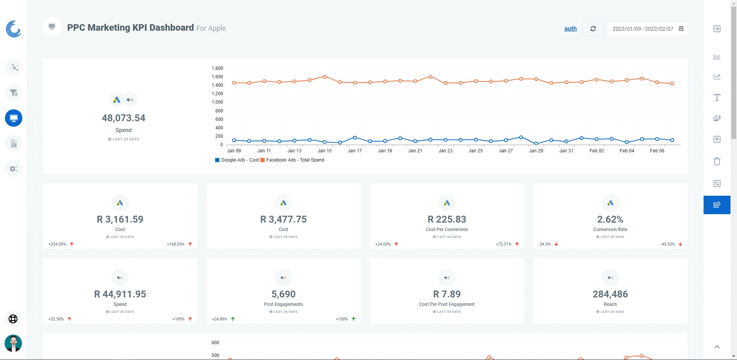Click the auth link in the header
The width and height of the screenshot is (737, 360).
[x=570, y=28]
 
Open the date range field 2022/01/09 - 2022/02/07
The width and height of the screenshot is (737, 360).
[x=647, y=29]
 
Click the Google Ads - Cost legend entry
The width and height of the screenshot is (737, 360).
[x=237, y=160]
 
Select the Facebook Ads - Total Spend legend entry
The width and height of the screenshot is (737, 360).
[x=292, y=160]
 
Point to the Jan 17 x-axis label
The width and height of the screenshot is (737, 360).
[x=355, y=151]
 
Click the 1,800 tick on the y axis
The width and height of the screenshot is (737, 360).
[x=217, y=68]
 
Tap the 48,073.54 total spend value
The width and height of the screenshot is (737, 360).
[x=124, y=118]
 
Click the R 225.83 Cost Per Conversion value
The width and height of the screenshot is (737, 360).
[x=447, y=219]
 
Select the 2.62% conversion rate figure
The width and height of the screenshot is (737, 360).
[x=610, y=219]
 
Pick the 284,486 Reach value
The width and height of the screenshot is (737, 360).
[x=610, y=294]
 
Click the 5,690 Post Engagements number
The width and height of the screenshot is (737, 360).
[x=283, y=294]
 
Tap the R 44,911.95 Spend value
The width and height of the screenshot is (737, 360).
[x=120, y=294]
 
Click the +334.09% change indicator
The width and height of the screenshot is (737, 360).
[x=57, y=244]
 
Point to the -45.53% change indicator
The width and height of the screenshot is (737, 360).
[x=668, y=244]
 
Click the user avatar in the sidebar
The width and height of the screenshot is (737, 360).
[x=13, y=343]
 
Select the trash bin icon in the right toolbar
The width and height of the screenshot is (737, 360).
[x=717, y=161]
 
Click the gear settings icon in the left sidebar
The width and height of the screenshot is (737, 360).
[x=14, y=169]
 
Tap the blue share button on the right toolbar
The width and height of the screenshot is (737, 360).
[x=717, y=205]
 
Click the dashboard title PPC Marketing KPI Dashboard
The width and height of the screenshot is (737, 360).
[x=131, y=28]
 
